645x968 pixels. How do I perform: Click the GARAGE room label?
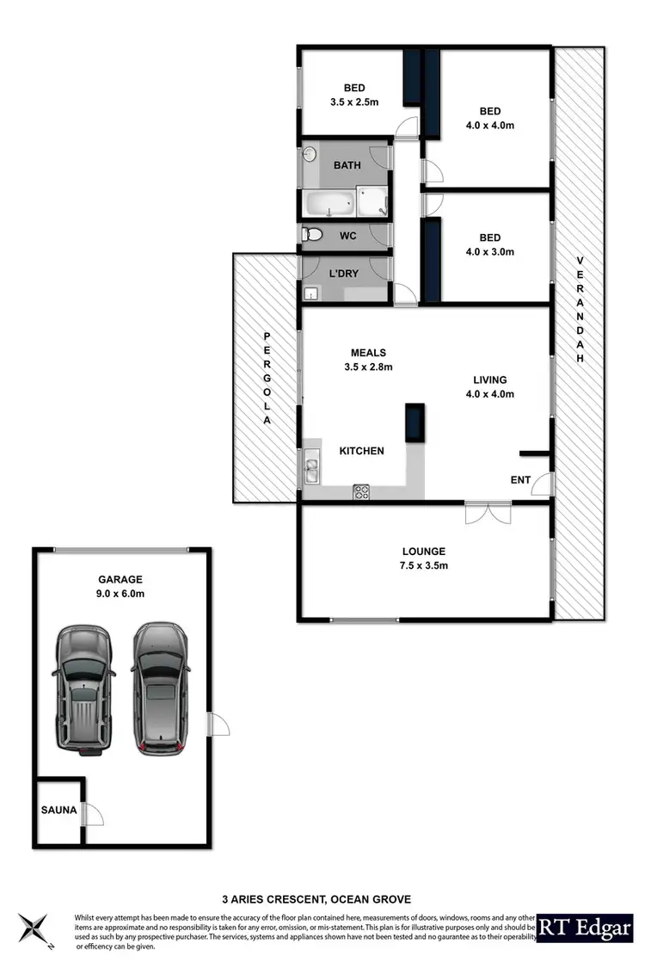[x=120, y=579]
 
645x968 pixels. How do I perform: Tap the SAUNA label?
[x=58, y=810]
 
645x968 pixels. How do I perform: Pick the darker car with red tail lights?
[x=160, y=687]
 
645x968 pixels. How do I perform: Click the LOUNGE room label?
[x=424, y=551]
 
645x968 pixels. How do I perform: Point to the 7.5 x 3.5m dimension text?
[x=424, y=565]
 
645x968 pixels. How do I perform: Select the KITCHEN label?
[x=361, y=451]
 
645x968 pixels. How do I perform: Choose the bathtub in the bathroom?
[x=329, y=205]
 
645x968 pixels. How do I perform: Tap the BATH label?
[x=347, y=165]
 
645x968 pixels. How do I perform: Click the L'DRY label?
[x=344, y=273]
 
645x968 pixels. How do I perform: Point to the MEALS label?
[x=368, y=352]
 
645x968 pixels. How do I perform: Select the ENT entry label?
[x=520, y=479]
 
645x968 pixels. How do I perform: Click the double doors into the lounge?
[x=487, y=514]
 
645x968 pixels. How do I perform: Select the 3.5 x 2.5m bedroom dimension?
[x=354, y=102]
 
